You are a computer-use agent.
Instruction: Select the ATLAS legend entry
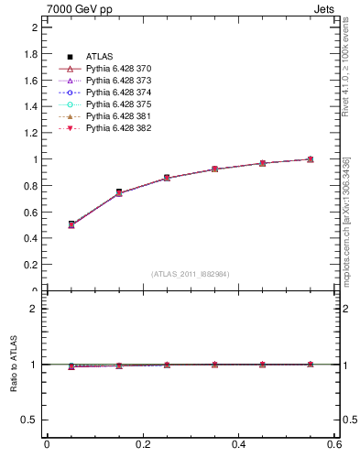click(99, 57)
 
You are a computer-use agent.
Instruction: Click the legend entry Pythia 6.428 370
click(117, 69)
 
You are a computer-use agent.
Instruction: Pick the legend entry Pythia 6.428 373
click(117, 81)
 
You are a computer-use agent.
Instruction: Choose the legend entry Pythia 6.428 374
click(117, 93)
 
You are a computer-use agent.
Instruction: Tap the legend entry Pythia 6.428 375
click(117, 104)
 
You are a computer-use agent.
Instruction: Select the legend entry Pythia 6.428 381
click(117, 116)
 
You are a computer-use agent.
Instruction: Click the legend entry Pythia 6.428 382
click(117, 128)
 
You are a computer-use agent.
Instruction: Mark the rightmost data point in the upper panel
click(311, 159)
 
